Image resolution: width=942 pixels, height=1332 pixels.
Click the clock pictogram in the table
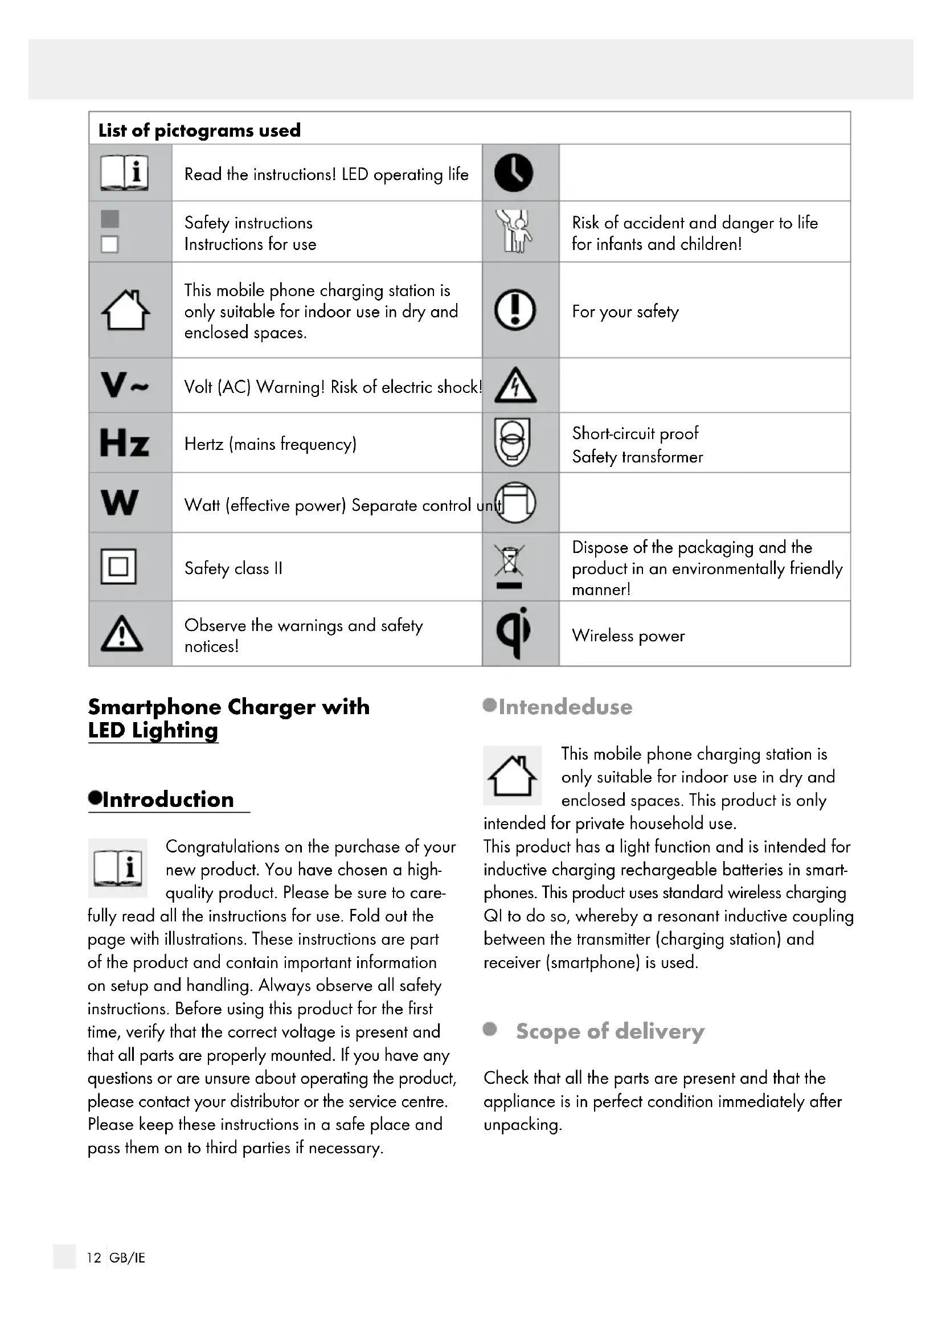pos(513,173)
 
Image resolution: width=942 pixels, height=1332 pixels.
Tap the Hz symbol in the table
pos(124,443)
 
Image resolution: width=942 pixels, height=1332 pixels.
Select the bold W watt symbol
pos(120,502)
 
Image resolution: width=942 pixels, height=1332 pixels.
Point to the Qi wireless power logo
pos(514,633)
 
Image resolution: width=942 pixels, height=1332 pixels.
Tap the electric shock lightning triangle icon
pos(515,386)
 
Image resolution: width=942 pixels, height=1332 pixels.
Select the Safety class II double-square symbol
pos(119,566)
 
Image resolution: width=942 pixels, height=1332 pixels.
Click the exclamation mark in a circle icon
pos(514,310)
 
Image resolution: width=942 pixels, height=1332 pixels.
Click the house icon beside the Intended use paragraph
pos(512,776)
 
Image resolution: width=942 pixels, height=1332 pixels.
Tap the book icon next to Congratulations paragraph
pos(118,868)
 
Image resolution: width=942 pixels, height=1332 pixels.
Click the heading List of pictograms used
pos(199,130)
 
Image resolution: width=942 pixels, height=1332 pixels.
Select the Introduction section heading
pos(167,800)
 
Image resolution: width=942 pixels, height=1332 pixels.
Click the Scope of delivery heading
pos(609,1031)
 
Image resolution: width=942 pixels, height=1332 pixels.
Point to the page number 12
pos(94,1257)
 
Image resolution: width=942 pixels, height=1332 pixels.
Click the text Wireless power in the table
pos(628,636)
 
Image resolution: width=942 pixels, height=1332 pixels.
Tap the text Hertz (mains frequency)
pos(271,444)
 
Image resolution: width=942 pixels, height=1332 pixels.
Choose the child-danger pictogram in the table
pos(514,231)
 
